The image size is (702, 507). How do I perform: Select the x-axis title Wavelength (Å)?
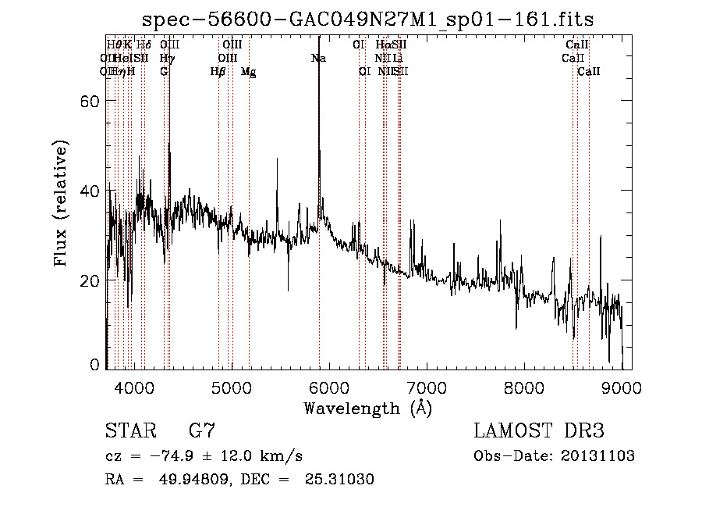coord(367,409)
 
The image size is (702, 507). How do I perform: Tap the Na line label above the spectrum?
coord(318,58)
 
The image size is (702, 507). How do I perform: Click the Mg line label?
coord(248,72)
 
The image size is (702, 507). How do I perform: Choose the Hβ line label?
coord(218,72)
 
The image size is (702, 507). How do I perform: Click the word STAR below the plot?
coord(129,430)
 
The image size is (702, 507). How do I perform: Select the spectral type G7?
coord(201,430)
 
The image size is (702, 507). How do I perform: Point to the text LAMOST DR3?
coord(539,430)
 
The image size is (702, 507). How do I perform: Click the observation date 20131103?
coord(599,456)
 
